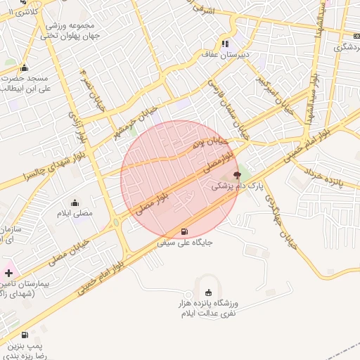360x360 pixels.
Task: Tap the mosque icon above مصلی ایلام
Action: click(75, 202)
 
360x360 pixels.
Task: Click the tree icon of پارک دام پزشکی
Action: click(237, 174)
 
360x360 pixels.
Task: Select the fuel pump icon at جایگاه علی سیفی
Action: click(185, 231)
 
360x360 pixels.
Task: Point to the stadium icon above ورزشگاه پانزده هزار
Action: click(207, 292)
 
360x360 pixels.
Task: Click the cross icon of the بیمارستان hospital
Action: click(9, 271)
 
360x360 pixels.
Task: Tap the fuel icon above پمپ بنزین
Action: click(25, 335)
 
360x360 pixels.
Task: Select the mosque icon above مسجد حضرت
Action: click(25, 68)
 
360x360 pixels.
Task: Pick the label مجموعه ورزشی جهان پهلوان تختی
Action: click(70, 31)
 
